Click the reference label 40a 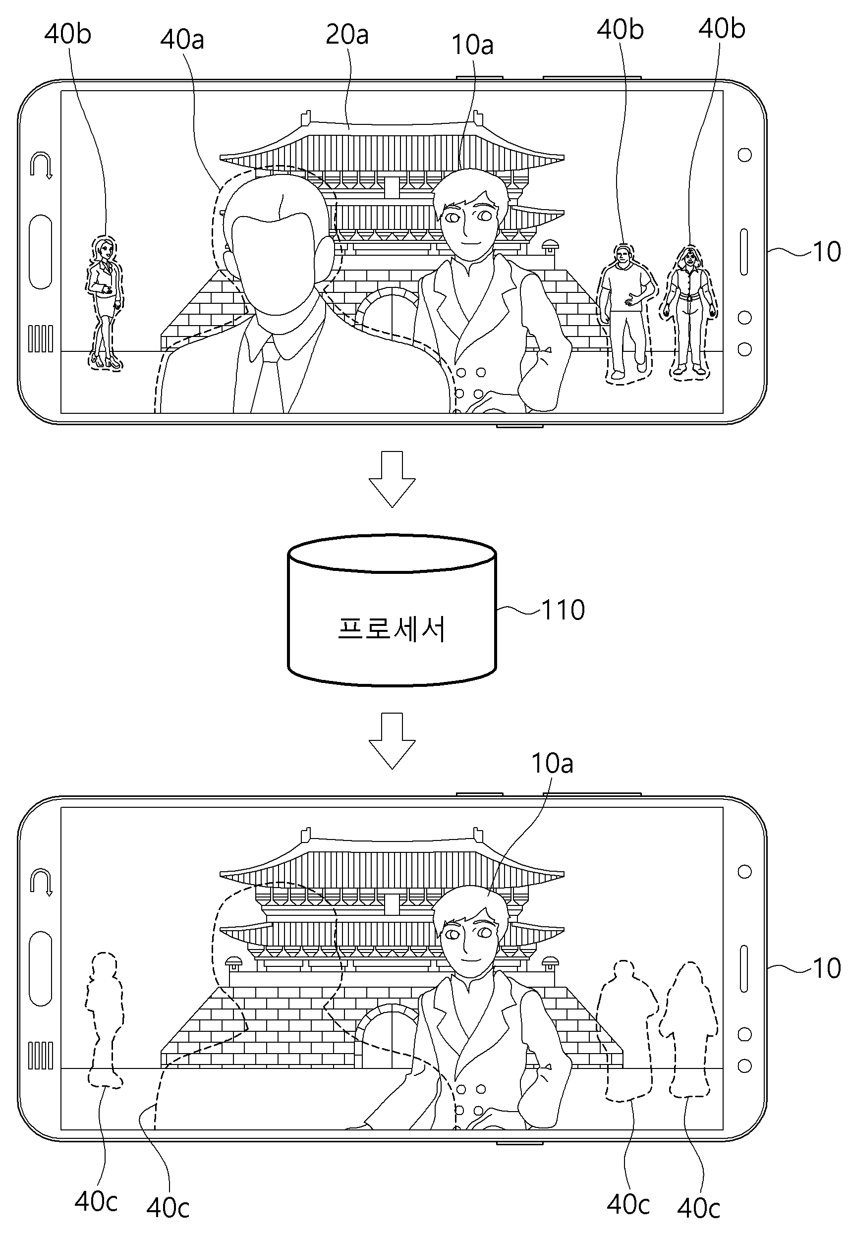point(182,39)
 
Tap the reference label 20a point(347,35)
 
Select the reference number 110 point(564,610)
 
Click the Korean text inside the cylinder point(392,629)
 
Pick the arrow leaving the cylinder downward point(392,740)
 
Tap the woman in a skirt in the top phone point(104,303)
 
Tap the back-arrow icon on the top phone point(42,166)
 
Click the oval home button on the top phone point(41,252)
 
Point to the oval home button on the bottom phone point(41,969)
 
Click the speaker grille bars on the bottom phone point(41,1056)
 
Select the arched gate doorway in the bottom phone point(387,1037)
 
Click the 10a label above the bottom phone point(552,763)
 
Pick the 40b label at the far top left point(67,34)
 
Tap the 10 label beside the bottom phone point(827,968)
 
